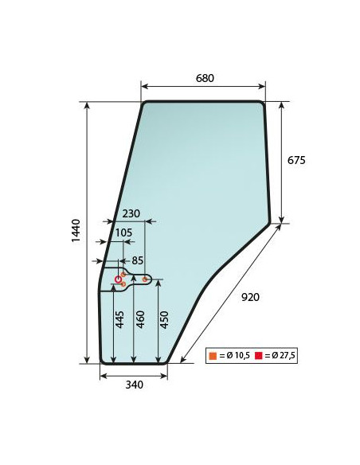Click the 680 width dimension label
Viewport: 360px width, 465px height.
coord(203,78)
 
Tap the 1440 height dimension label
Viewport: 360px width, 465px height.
coord(76,231)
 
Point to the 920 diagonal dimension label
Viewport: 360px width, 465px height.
coord(250,297)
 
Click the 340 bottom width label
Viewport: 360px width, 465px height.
coord(134,385)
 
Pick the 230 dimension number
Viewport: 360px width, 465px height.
coord(131,213)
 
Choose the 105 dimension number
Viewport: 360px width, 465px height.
coord(124,232)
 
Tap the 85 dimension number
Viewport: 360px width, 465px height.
coord(137,260)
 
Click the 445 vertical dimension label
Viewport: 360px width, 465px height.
coord(119,321)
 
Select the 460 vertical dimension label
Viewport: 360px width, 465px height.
coord(141,321)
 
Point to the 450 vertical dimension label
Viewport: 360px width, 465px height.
coord(165,319)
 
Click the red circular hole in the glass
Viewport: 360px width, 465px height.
coord(119,280)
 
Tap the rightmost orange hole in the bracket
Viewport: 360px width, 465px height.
coord(144,279)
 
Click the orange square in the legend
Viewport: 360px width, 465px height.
coord(213,355)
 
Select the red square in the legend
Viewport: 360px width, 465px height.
coord(258,355)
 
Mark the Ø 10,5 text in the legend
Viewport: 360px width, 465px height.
coord(235,355)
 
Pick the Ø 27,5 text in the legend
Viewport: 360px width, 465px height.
coord(280,355)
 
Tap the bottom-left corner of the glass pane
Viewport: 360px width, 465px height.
coord(101,361)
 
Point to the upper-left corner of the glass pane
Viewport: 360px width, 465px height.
coord(144,103)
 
